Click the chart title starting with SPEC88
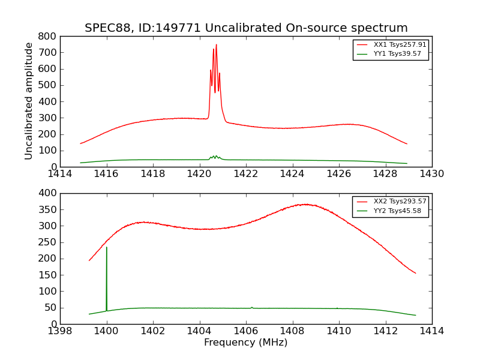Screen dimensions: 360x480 [x=246, y=28]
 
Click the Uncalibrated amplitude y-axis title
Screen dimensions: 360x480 [x=29, y=101]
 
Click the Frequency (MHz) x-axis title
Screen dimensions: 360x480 [x=246, y=343]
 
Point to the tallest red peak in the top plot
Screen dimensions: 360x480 [x=216, y=45]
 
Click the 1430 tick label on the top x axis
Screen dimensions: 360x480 [x=431, y=174]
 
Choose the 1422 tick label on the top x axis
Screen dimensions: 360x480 [x=246, y=174]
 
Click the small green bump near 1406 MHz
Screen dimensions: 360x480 [x=251, y=307]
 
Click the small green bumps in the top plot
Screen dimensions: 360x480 [x=215, y=157]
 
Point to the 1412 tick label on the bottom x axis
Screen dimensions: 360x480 [x=385, y=331]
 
